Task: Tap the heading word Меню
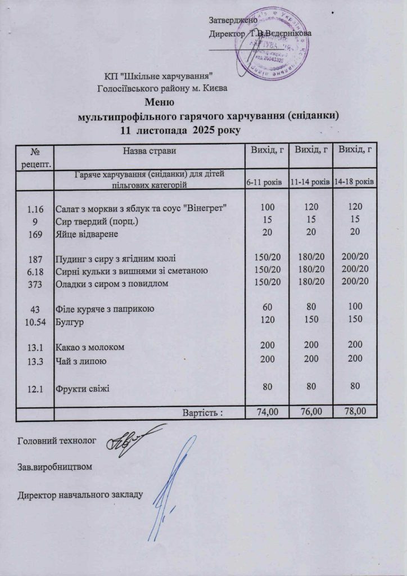tap(160, 103)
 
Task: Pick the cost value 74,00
tap(267, 412)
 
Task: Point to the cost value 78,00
tap(355, 412)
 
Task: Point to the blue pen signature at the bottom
tap(169, 495)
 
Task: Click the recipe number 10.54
tap(35, 322)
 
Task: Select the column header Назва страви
tap(150, 150)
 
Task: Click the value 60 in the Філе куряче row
tap(267, 308)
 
